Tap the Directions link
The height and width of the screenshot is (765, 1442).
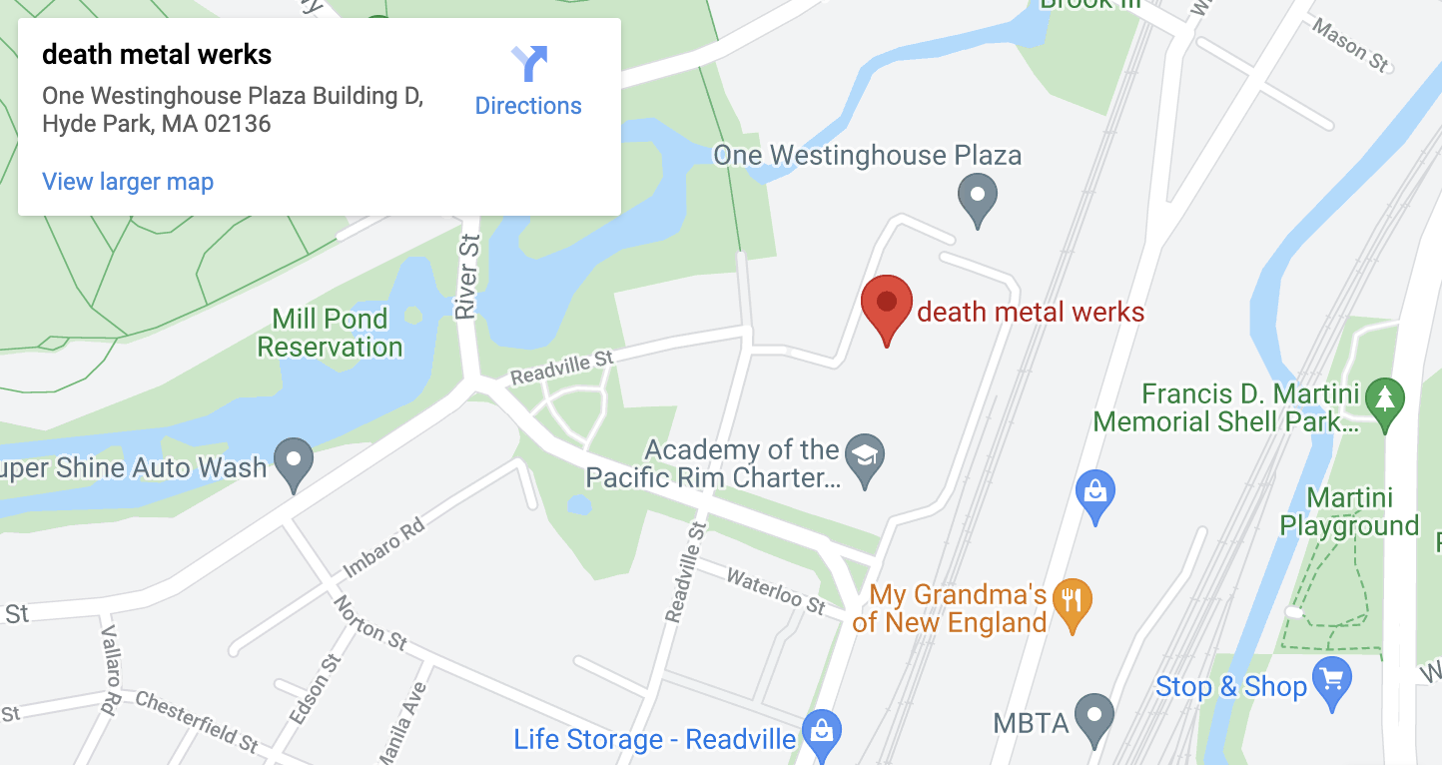pos(528,106)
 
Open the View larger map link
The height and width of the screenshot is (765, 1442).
pos(128,182)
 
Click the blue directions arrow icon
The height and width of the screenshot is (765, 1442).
pos(529,64)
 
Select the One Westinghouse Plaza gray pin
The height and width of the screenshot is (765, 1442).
pos(977,197)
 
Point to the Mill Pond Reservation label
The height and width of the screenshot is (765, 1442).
pos(330,334)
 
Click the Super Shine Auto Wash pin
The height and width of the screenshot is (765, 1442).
pos(294,462)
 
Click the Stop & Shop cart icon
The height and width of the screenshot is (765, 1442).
pos(1331,682)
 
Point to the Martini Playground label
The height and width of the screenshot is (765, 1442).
pos(1349,512)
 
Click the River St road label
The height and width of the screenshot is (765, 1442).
pos(467,277)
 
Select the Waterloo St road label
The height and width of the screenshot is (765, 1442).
pos(776,591)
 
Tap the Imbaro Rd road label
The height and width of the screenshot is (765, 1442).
pos(383,549)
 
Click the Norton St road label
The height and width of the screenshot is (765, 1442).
pos(370,622)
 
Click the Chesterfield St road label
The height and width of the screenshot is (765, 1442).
pos(198,721)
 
